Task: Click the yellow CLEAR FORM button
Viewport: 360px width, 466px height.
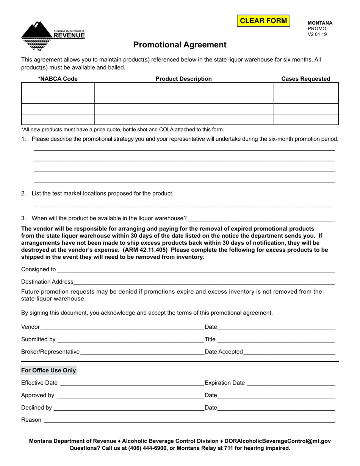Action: tap(263, 21)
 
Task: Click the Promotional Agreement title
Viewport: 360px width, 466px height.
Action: tap(180, 45)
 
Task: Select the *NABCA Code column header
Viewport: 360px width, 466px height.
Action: tap(58, 79)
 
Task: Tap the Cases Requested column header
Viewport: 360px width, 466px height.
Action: tap(305, 79)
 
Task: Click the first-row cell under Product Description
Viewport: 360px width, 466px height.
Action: tap(183, 88)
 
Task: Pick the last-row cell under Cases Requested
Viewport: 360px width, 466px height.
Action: tap(305, 119)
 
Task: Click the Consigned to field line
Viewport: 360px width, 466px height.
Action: tap(195, 269)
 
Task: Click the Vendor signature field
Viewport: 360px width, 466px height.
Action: tap(121, 327)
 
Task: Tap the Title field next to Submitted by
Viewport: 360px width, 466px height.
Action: tap(276, 339)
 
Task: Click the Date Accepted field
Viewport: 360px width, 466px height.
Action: tap(289, 352)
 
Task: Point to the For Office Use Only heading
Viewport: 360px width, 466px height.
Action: tap(49, 371)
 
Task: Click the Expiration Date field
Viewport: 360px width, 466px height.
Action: tap(291, 383)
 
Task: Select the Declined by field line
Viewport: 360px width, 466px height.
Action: tap(129, 408)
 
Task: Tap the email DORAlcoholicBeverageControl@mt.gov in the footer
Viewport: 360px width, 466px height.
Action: tap(277, 441)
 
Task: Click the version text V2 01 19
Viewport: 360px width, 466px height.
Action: tap(317, 34)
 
